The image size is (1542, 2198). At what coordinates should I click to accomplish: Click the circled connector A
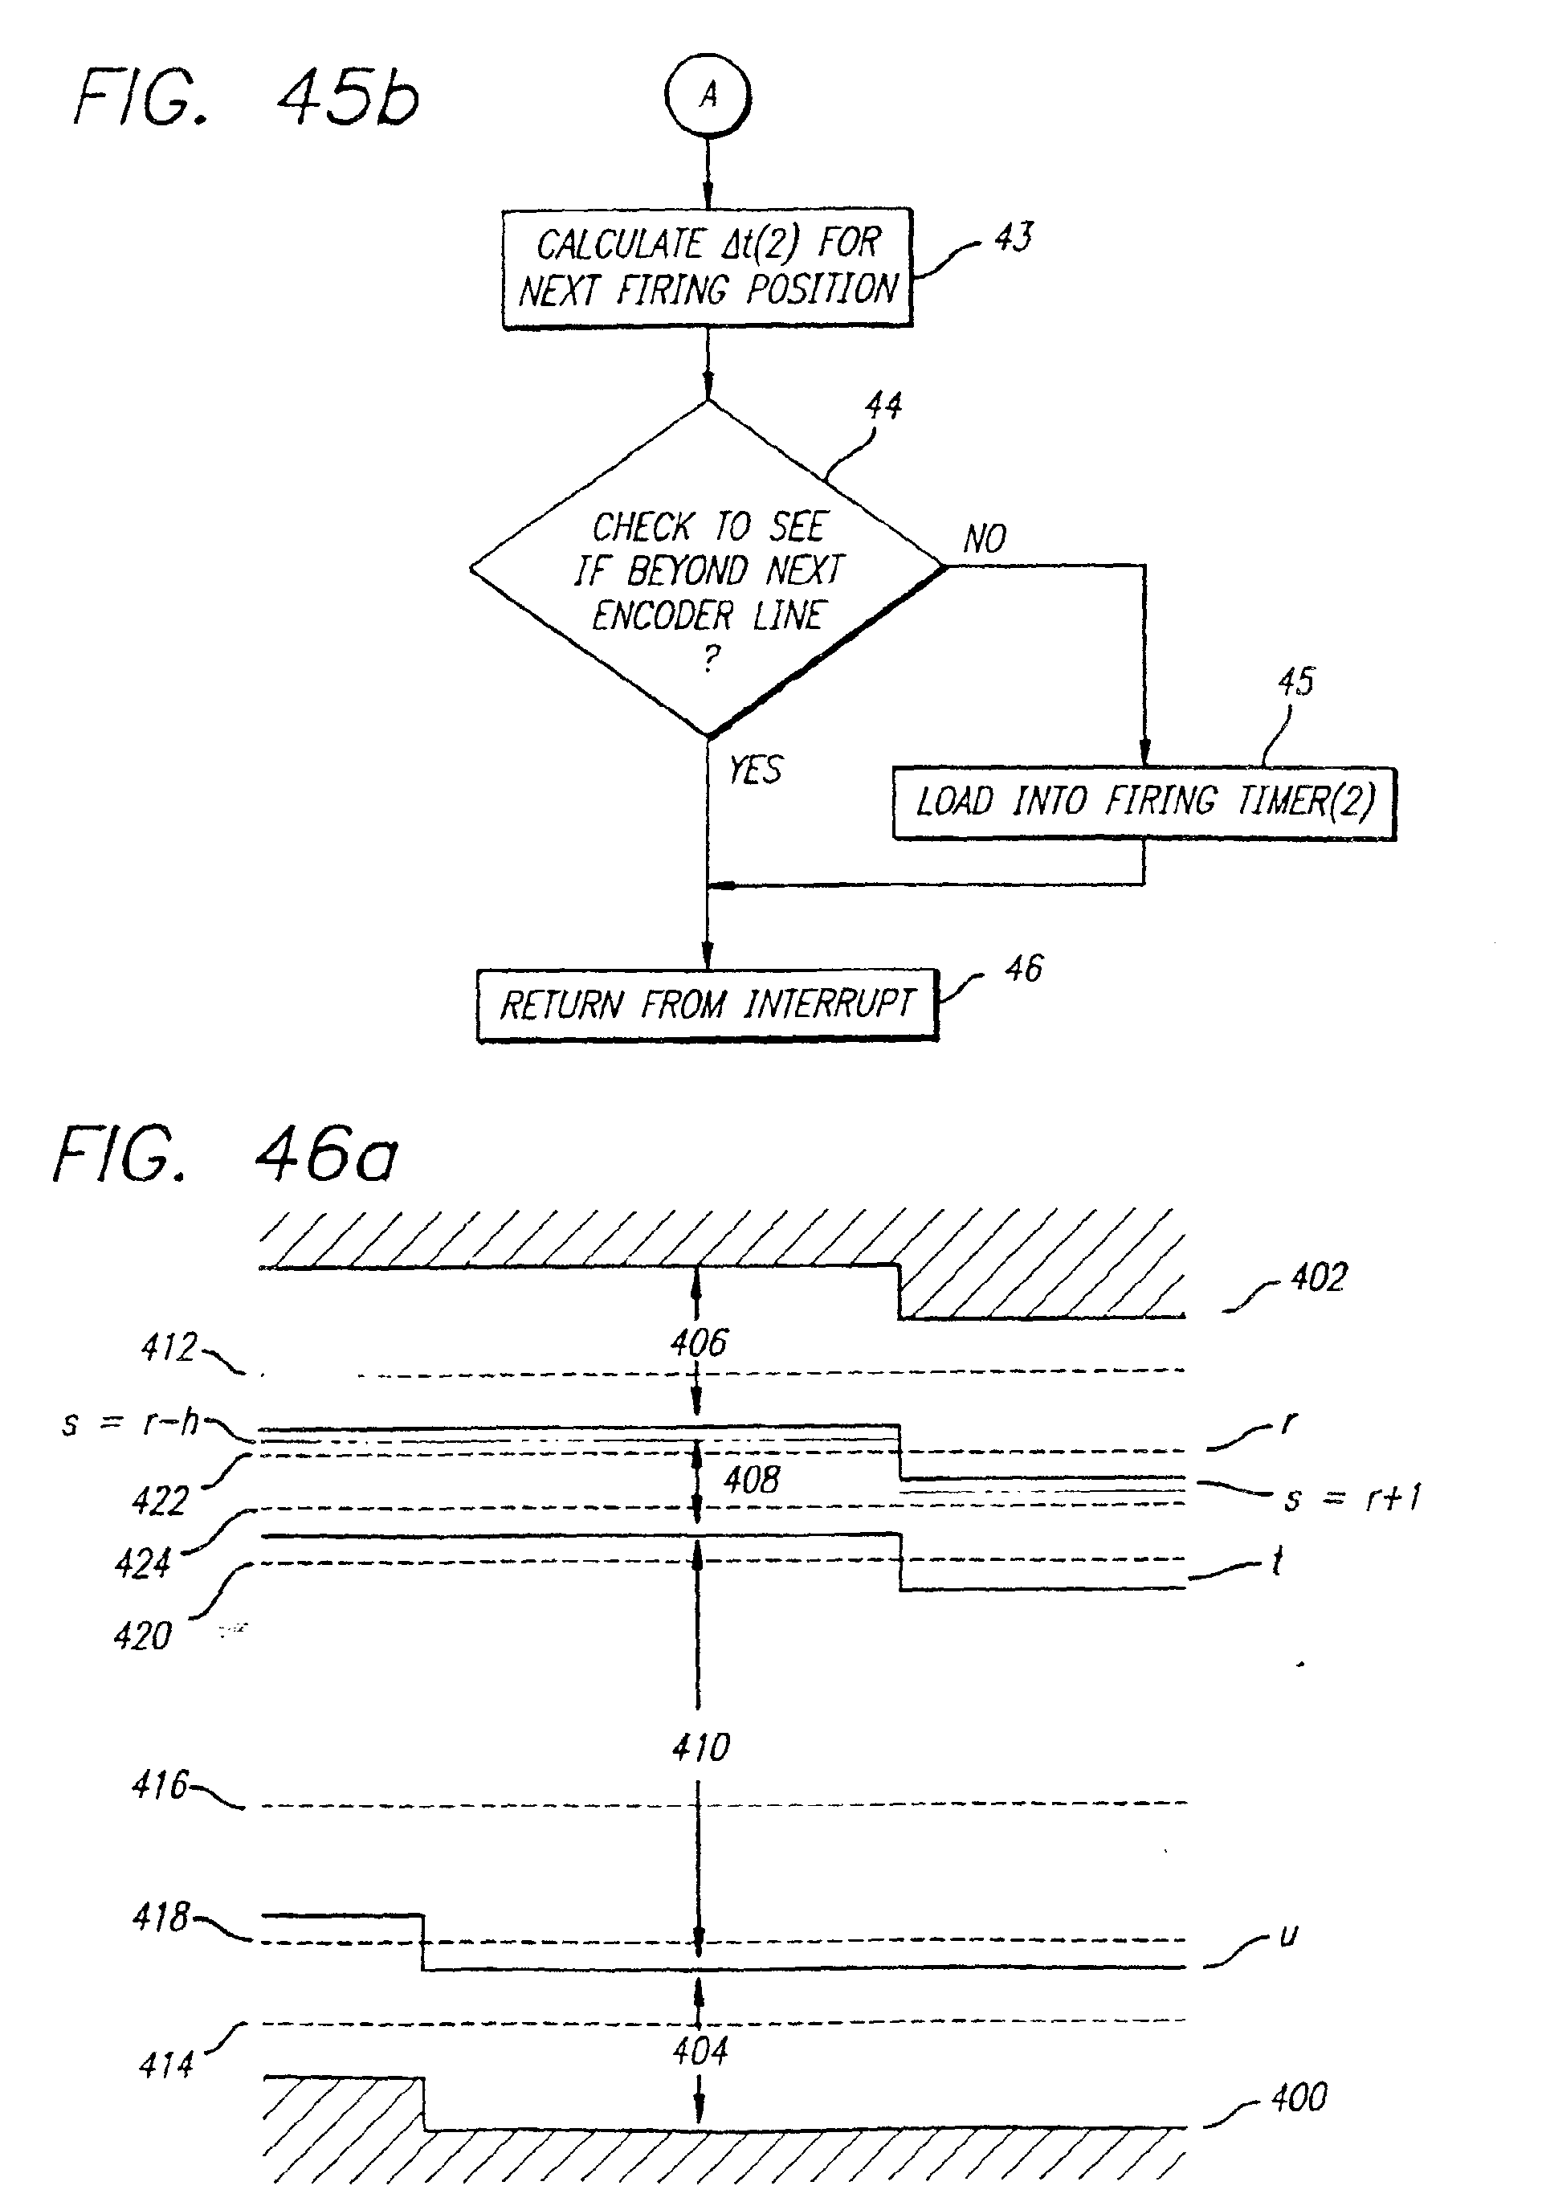coord(708,96)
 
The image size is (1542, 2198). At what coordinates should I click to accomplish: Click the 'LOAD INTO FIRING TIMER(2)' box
coord(1144,803)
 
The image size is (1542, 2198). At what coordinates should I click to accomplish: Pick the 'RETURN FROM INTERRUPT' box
coord(708,1004)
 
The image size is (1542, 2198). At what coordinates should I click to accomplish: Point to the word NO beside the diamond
coord(984,539)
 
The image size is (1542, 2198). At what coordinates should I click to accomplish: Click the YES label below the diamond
coord(755,770)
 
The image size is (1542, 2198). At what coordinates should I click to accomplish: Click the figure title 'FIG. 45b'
coord(246,98)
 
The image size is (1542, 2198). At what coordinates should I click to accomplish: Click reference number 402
coord(1318,1277)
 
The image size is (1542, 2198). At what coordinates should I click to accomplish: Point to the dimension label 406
coord(699,1342)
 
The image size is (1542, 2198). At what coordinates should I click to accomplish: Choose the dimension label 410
coord(700,1747)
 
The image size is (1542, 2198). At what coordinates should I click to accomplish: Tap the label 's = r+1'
coord(1352,1497)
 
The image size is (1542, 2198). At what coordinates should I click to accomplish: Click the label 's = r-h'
coord(130,1423)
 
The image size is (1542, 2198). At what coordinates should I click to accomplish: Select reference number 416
coord(160,1784)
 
